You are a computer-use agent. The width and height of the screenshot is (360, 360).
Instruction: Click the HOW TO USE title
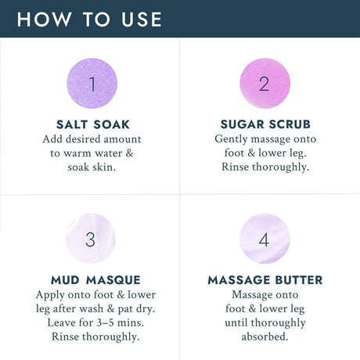click(x=89, y=20)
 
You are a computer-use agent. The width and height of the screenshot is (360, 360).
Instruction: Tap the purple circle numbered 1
click(x=92, y=83)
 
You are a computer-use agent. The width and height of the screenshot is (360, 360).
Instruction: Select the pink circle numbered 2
click(x=265, y=83)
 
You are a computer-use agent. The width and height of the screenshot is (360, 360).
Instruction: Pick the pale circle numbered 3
click(x=91, y=239)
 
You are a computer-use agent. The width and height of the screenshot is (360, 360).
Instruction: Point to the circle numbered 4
click(x=265, y=239)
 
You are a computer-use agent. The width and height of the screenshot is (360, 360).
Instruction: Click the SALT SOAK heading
click(x=93, y=124)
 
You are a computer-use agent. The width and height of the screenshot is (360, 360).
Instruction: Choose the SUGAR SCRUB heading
click(x=265, y=124)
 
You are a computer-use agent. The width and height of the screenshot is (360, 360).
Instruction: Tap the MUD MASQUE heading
click(x=95, y=280)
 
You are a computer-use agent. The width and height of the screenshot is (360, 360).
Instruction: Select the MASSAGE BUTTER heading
click(x=265, y=280)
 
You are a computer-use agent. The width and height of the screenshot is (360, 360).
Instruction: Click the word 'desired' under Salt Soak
click(x=83, y=139)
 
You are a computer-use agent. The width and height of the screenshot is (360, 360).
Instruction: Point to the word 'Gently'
click(x=231, y=139)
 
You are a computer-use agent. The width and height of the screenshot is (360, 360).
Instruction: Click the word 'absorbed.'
click(x=265, y=337)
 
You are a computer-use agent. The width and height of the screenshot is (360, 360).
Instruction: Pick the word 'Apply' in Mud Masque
click(x=50, y=295)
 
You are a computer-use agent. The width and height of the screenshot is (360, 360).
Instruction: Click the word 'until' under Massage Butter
click(x=236, y=322)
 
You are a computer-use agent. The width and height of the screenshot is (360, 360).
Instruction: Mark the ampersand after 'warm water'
click(x=129, y=153)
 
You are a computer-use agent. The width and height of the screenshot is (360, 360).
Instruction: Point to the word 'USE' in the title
click(x=142, y=20)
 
